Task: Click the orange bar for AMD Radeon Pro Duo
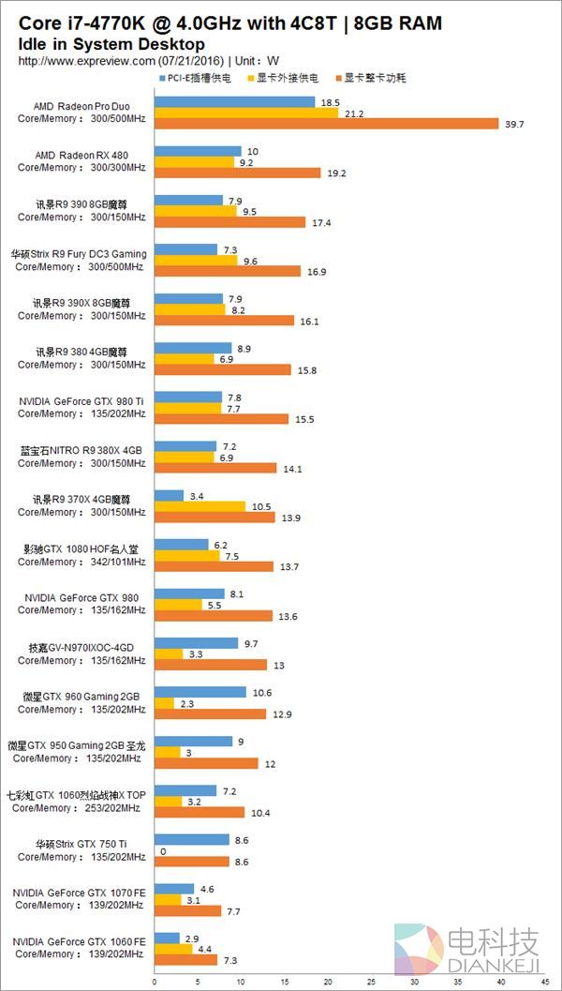[325, 124]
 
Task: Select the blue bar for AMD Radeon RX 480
[198, 151]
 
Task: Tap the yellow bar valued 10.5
[200, 506]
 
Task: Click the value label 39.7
[512, 124]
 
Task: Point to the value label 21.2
[353, 113]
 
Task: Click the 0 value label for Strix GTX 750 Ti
[163, 851]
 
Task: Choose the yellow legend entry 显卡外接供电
[285, 78]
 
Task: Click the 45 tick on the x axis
[545, 983]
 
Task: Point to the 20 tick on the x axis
[328, 983]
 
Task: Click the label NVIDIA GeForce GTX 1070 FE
[81, 893]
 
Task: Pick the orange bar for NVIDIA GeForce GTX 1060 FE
[185, 960]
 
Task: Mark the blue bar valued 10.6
[200, 693]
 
